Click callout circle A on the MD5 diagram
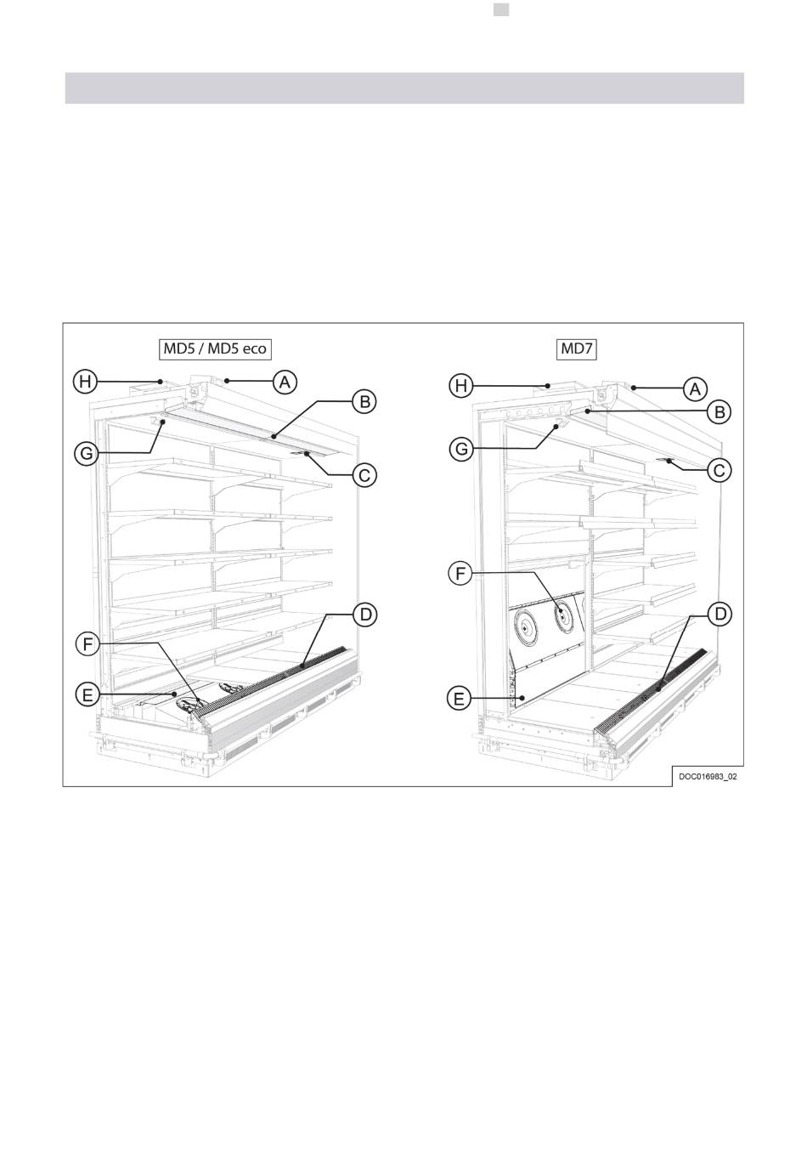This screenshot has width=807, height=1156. pos(285,382)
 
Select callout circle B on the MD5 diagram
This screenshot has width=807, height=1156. pos(364,402)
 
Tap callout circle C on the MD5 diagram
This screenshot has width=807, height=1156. pos(364,475)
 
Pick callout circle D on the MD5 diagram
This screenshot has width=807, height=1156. pos(364,614)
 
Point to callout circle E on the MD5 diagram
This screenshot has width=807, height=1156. pos(86,695)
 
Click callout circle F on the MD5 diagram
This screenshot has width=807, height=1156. pos(86,645)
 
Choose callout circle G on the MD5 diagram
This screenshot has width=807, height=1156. pos(86,454)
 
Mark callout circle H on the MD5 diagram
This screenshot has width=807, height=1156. pos(86,382)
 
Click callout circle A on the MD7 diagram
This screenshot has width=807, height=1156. pos(695,388)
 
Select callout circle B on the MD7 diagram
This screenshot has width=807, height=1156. pos(719,412)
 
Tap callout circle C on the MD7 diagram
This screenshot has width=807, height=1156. pos(719,470)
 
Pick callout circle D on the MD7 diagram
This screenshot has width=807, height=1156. pos(719,614)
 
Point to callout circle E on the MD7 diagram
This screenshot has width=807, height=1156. pos(460,699)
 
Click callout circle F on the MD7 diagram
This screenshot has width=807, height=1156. pos(460,575)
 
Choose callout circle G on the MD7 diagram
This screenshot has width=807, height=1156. pos(460,448)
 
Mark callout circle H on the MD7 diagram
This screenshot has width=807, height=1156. pos(460,387)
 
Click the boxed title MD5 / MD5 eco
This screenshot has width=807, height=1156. pos(215,348)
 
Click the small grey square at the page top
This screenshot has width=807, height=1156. pos(501,9)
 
